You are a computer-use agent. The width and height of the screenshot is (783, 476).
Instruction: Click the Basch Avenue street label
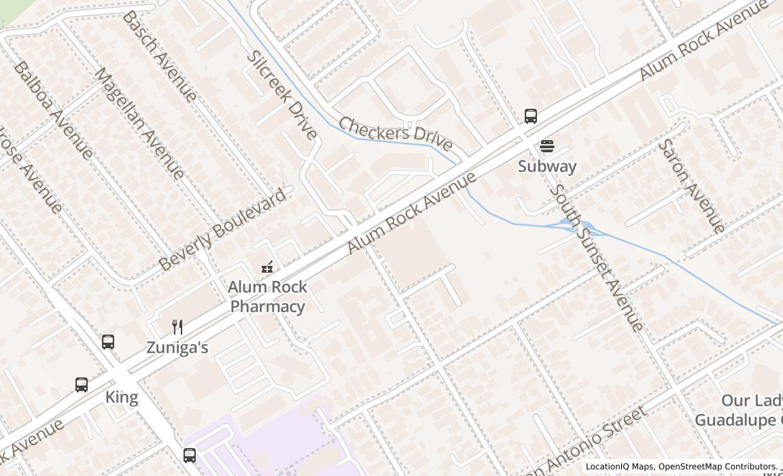(x=160, y=56)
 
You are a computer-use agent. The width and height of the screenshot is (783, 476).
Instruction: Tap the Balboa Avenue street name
(x=53, y=110)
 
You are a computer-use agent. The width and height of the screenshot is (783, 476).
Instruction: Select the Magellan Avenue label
(x=139, y=123)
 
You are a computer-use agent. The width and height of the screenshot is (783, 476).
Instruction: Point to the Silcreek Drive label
(x=281, y=95)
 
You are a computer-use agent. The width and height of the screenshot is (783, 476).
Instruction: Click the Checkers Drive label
(x=395, y=133)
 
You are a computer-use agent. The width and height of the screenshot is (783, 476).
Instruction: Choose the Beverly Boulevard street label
(x=222, y=231)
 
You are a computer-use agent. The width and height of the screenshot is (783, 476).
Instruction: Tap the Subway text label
(x=546, y=167)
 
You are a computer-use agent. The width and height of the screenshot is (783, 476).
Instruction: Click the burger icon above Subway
(x=546, y=146)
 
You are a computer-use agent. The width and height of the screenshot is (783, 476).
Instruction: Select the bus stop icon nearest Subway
(x=531, y=116)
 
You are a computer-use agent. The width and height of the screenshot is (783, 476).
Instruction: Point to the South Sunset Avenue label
(x=595, y=258)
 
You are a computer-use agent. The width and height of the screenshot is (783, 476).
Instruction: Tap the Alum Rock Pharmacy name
(x=267, y=296)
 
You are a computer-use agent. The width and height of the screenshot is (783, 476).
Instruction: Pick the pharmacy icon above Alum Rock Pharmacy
(x=268, y=267)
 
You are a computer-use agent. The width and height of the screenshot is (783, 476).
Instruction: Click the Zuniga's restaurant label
(x=177, y=347)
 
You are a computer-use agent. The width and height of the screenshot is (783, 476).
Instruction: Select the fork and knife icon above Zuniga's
(x=177, y=327)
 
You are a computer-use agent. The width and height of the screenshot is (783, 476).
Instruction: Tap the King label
(x=122, y=397)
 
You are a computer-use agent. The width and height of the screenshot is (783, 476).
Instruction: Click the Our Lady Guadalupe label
(x=737, y=411)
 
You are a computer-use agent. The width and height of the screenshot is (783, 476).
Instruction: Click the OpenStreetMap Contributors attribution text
(x=716, y=467)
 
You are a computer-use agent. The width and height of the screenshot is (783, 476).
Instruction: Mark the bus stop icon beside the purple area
(x=190, y=455)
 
